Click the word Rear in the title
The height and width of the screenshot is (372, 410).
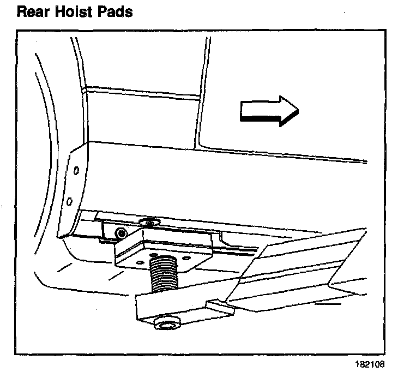[x=35, y=11]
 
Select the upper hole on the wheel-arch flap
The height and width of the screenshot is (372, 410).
[x=76, y=170]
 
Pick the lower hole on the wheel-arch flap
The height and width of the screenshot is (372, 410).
[x=70, y=202]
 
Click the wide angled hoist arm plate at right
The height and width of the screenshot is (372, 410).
[x=305, y=262]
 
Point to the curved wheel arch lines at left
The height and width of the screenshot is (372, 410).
[x=41, y=164]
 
